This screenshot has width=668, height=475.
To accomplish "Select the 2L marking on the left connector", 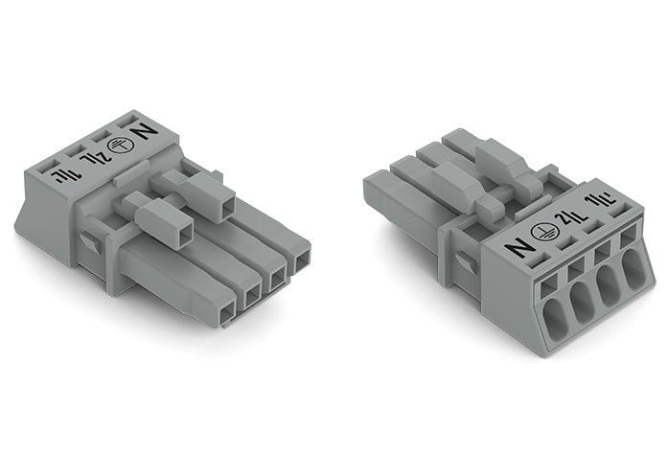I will pos(97,152).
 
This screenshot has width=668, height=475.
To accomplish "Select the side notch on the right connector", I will pos(463,266).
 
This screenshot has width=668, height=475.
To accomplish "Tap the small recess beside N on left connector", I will pos(125,121).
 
